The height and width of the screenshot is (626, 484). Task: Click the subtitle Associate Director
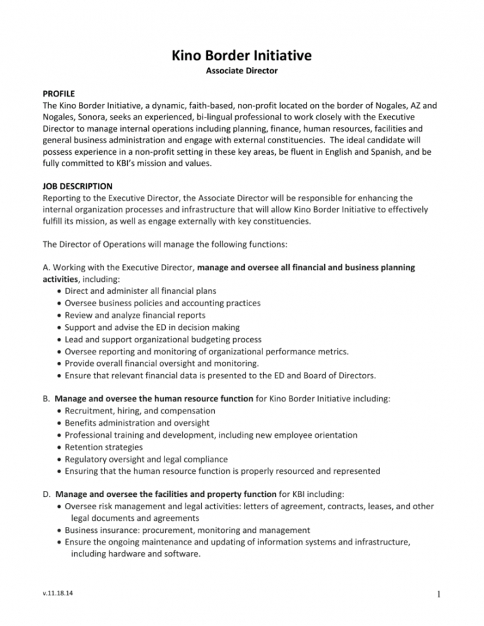click(x=242, y=71)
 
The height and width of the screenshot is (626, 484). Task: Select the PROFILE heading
click(x=58, y=93)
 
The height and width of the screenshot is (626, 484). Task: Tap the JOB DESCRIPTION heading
click(x=77, y=185)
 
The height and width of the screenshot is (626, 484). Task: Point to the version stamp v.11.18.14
click(x=58, y=594)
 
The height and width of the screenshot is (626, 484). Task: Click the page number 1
click(x=439, y=595)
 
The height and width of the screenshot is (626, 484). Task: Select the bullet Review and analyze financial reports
click(x=135, y=315)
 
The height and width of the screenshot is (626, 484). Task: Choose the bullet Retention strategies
click(x=103, y=447)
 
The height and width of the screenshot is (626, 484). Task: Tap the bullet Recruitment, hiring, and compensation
click(x=140, y=411)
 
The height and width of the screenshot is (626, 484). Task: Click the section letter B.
click(x=46, y=399)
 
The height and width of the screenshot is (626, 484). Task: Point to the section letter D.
click(x=46, y=494)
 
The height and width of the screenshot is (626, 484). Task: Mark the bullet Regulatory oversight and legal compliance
click(x=146, y=460)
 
